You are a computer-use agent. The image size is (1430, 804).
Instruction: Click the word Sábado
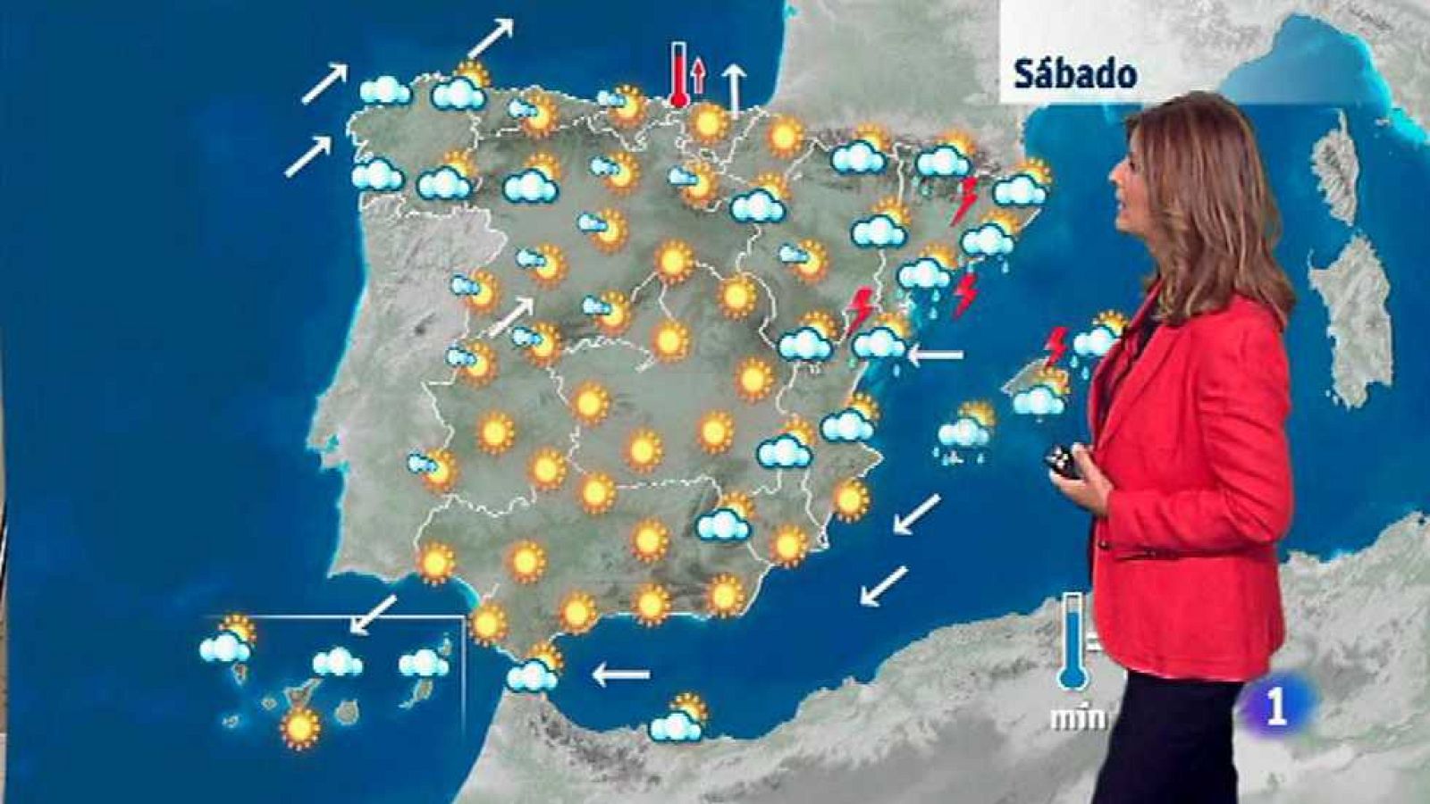pyautogui.click(x=1075, y=74)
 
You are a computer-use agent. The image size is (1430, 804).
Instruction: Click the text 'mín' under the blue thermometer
pyautogui.click(x=1078, y=717)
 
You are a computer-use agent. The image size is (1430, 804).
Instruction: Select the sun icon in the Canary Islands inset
pyautogui.click(x=299, y=726)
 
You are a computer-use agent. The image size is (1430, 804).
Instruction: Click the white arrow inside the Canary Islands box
pyautogui.click(x=373, y=615)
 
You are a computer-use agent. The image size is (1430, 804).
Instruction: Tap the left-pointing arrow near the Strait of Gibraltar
pyautogui.click(x=621, y=674)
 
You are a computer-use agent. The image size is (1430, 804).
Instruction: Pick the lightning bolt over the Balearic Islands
pyautogui.click(x=1057, y=347)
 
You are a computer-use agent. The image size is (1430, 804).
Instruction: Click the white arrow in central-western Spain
pyautogui.click(x=511, y=317)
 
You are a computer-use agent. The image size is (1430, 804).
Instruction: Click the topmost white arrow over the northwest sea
pyautogui.click(x=491, y=38)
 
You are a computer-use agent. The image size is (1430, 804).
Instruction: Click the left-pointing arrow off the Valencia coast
pyautogui.click(x=936, y=356)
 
